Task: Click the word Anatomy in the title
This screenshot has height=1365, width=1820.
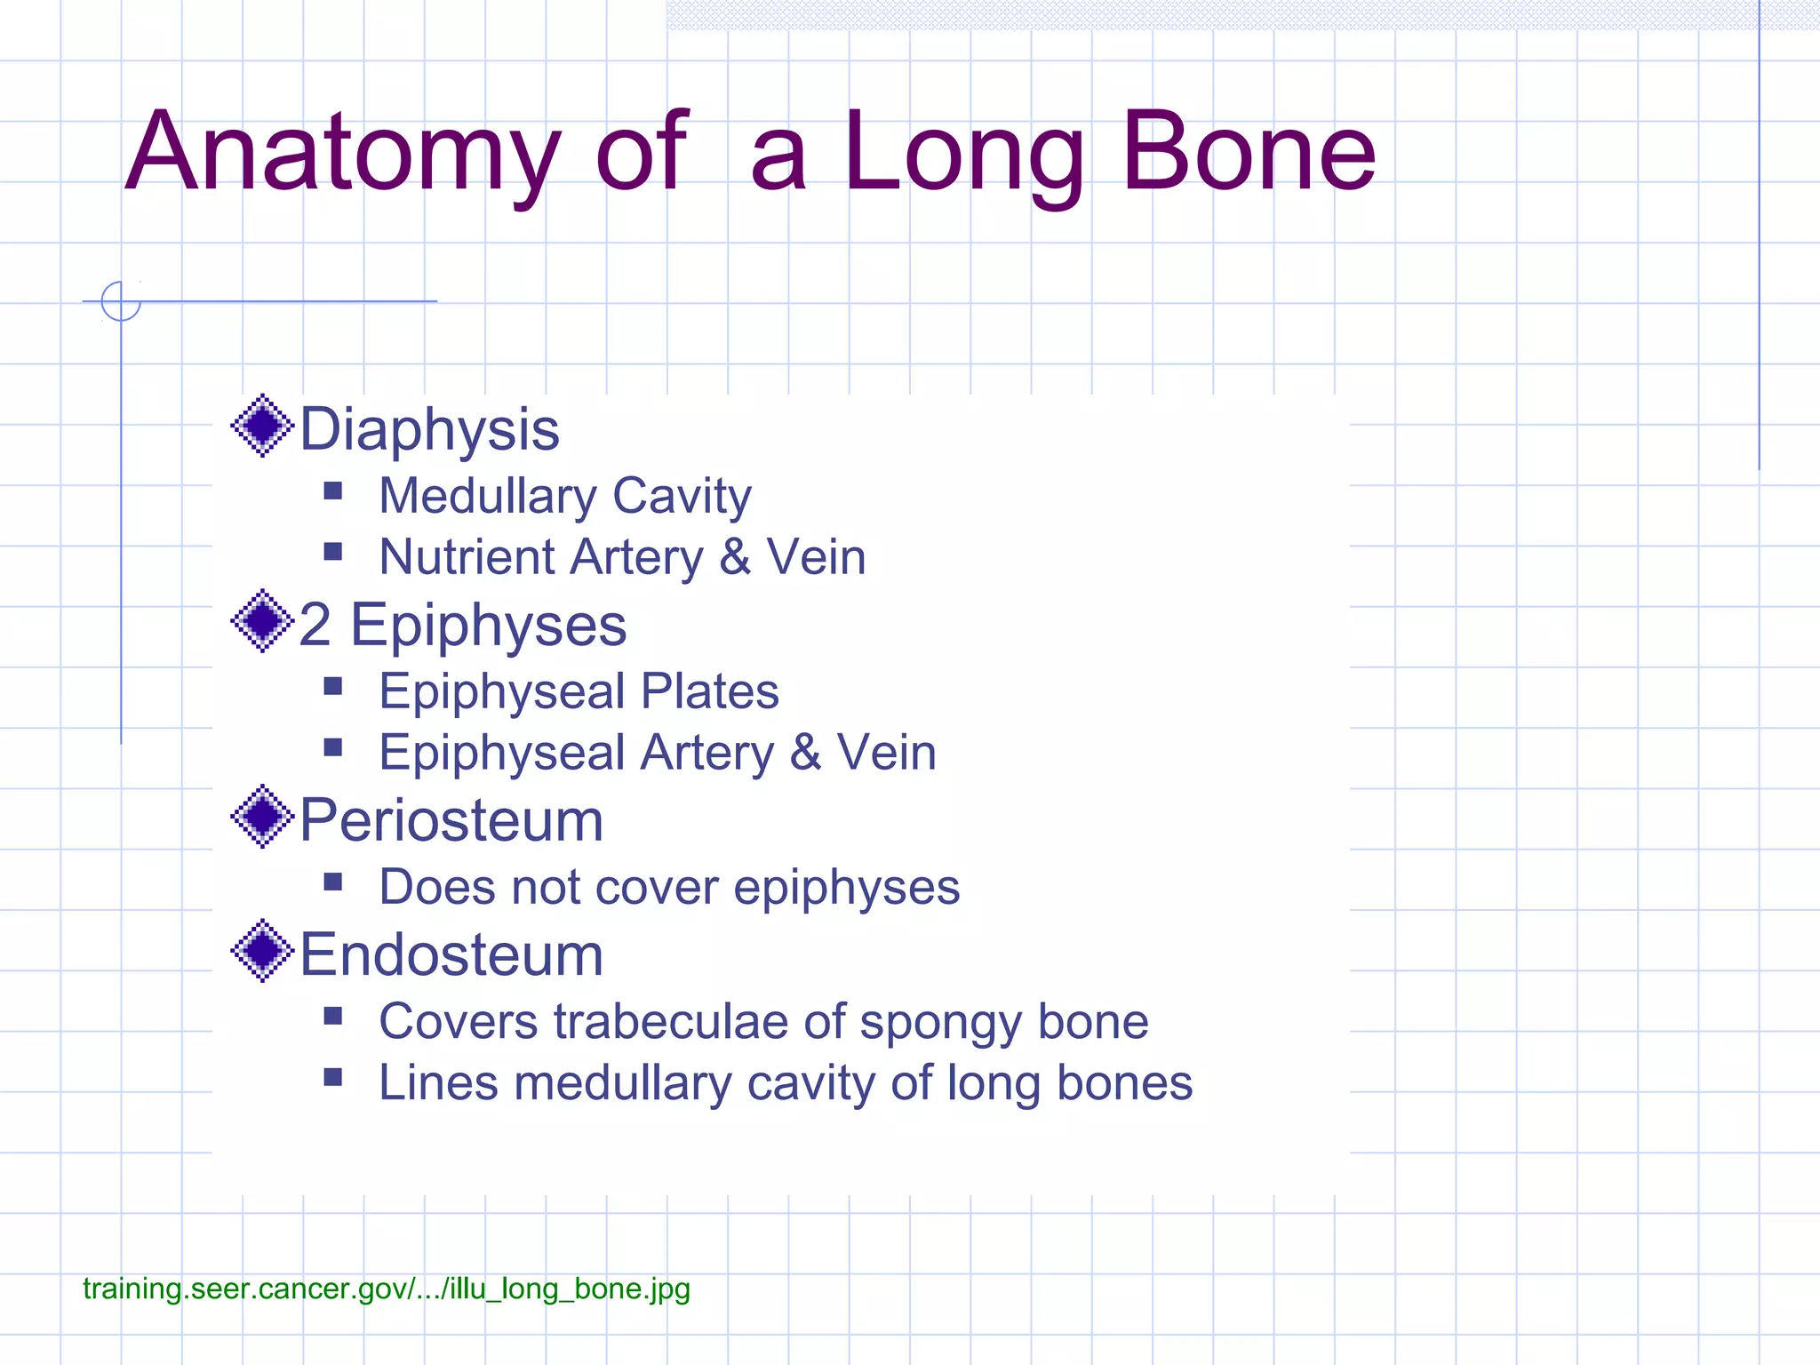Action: (342, 153)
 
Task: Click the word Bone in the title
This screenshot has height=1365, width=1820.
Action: (1248, 153)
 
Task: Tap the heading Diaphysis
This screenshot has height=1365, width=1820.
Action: (429, 430)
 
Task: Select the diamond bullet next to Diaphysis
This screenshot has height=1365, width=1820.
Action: (262, 426)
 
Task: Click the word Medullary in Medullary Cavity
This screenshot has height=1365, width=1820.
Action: (488, 496)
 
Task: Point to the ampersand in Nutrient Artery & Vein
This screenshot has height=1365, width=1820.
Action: (735, 557)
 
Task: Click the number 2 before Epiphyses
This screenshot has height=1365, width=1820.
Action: (315, 625)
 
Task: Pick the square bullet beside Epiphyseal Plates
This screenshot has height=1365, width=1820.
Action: (333, 686)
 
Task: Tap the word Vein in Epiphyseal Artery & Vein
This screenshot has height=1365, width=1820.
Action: (886, 753)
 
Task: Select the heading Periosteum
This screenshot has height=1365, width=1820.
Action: (451, 820)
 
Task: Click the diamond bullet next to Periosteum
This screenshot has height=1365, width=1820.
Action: (262, 817)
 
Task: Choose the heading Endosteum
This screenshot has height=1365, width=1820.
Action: (451, 955)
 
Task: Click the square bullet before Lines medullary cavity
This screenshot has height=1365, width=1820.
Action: (333, 1078)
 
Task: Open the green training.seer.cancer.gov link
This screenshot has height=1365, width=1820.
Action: (386, 1289)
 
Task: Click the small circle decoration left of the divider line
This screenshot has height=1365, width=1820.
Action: (121, 301)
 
